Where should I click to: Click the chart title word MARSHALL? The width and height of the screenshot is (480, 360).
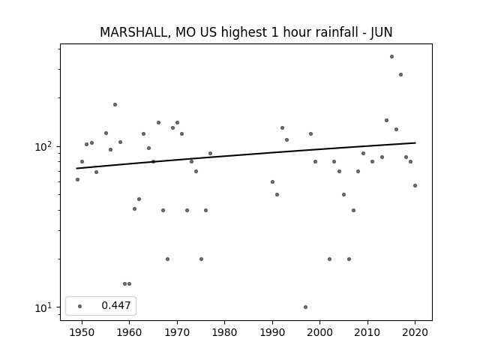tap(133, 32)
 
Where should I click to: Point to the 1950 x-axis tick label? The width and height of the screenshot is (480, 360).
tap(82, 332)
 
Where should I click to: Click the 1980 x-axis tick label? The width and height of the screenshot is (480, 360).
tap(224, 332)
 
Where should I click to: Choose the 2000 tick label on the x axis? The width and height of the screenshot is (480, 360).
tap(319, 332)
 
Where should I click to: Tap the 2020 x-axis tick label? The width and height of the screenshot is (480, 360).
tap(415, 332)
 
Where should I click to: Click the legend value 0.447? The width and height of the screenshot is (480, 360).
tap(116, 305)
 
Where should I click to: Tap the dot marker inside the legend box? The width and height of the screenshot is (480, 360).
tap(80, 306)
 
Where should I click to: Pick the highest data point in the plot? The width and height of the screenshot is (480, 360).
tap(391, 57)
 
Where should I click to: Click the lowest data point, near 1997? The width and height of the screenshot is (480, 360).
tap(305, 307)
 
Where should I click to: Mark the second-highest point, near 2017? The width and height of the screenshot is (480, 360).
tap(400, 75)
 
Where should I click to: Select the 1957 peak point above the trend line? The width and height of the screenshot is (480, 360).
tap(115, 105)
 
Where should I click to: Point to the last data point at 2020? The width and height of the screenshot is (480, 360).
tap(415, 185)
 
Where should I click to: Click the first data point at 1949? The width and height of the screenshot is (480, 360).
tap(77, 180)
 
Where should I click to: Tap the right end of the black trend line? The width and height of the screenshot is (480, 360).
tap(415, 142)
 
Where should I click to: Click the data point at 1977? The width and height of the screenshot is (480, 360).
tap(210, 153)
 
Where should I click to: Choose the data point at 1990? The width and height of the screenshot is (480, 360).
tap(272, 181)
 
